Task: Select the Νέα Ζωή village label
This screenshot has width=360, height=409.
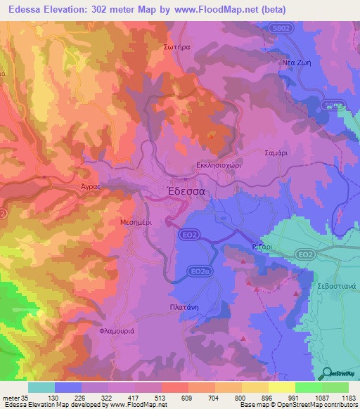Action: pyautogui.click(x=296, y=62)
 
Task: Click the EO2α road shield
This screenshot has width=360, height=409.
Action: pyautogui.click(x=201, y=271)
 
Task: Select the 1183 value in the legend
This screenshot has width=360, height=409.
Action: pyautogui.click(x=347, y=397)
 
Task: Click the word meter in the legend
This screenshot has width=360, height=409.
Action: pyautogui.click(x=10, y=397)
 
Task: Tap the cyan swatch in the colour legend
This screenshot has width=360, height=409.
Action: pyautogui.click(x=41, y=387)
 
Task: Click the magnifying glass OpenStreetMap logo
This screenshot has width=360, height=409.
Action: pyautogui.click(x=326, y=372)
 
